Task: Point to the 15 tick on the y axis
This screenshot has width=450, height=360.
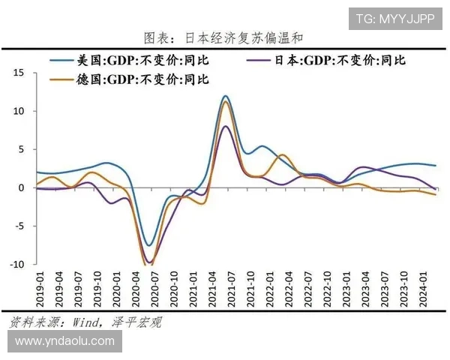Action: pyautogui.click(x=19, y=73)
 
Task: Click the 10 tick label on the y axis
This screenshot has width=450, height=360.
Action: pyautogui.click(x=19, y=111)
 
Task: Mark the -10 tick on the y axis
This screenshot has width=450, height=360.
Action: pyautogui.click(x=16, y=264)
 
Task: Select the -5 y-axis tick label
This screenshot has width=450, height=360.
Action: pyautogui.click(x=19, y=226)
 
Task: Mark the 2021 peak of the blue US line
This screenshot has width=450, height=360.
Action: pyautogui.click(x=225, y=96)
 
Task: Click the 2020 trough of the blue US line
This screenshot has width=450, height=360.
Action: pyautogui.click(x=149, y=245)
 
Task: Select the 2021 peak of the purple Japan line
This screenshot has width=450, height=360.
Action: pyautogui.click(x=226, y=126)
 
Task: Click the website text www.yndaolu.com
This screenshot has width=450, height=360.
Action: pyautogui.click(x=64, y=340)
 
